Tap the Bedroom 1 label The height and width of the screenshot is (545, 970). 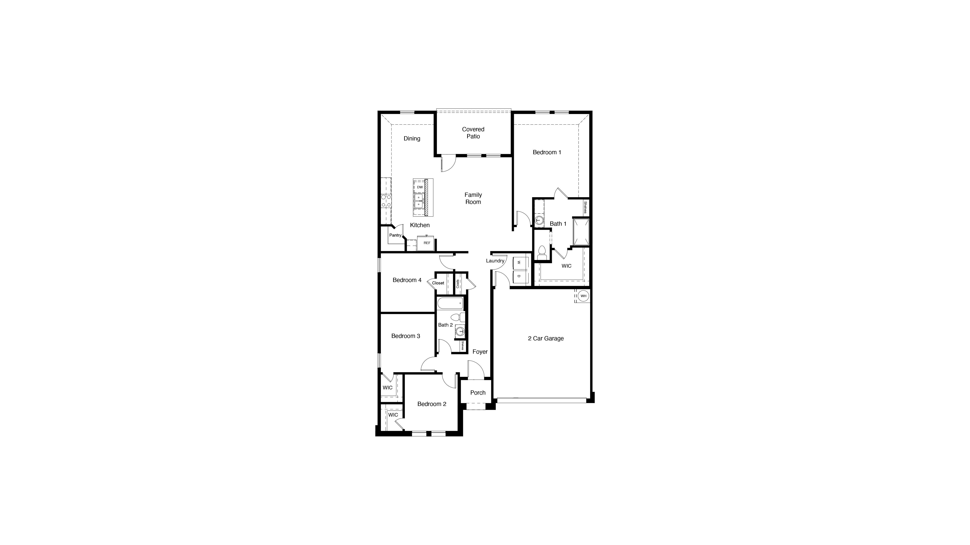[x=547, y=152]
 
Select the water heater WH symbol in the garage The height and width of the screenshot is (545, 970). [x=583, y=296]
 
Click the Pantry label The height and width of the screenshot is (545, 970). [x=395, y=235]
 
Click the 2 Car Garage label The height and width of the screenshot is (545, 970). [x=546, y=339]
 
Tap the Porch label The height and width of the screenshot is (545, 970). [x=478, y=393]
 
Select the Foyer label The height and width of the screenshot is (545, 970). [x=480, y=352]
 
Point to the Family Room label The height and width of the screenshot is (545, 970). [x=473, y=198]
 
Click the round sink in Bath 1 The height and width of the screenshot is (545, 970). [x=539, y=220]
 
